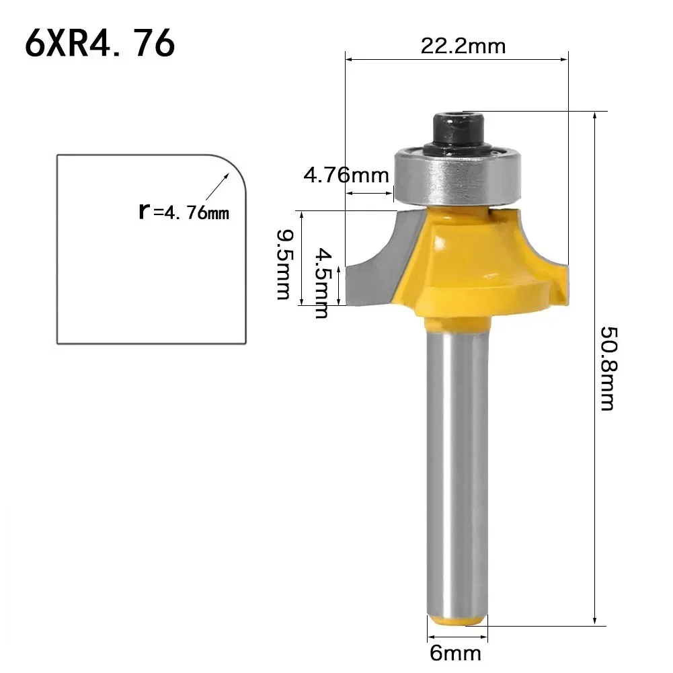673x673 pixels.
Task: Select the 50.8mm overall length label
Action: pyautogui.click(x=607, y=368)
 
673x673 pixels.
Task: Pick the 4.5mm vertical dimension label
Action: pyautogui.click(x=324, y=282)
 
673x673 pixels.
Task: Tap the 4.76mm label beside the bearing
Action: pyautogui.click(x=346, y=175)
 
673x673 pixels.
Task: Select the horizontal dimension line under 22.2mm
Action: pyautogui.click(x=457, y=60)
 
